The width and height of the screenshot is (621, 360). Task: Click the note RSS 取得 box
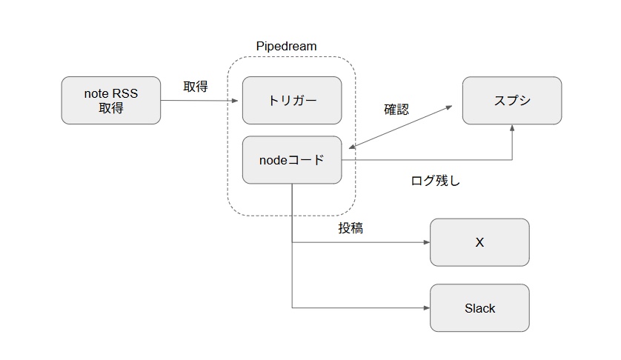(111, 100)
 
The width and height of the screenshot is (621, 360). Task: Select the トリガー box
(292, 100)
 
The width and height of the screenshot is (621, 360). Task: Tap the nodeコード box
(292, 159)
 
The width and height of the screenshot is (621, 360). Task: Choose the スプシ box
(512, 100)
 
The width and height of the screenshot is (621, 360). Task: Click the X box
(479, 242)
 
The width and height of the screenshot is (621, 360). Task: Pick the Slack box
(479, 308)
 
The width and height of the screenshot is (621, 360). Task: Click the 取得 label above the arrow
(196, 87)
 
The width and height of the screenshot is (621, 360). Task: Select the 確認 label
(396, 110)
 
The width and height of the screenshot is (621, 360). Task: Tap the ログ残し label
(435, 180)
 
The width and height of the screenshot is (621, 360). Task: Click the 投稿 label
(351, 228)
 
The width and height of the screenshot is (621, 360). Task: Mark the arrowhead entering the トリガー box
(239, 100)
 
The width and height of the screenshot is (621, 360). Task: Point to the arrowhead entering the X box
(426, 242)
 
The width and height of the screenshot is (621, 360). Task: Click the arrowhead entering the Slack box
(426, 308)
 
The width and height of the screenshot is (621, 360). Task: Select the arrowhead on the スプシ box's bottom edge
(512, 128)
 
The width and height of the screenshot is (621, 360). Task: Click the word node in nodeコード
(272, 159)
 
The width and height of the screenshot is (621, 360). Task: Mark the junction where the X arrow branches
(292, 242)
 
